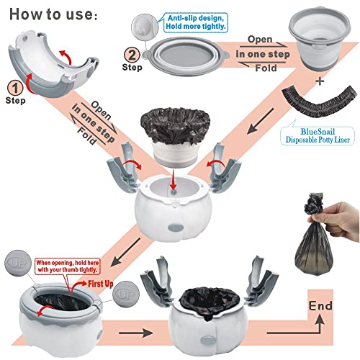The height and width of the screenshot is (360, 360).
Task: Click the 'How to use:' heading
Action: [x=53, y=14]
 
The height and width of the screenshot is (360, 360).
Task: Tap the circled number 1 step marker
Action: [x=15, y=88]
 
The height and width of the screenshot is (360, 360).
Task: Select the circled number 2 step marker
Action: [x=132, y=55]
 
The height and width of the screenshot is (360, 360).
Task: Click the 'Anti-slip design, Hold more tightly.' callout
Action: [x=196, y=22]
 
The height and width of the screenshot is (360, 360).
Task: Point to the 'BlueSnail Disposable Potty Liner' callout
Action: [x=318, y=135]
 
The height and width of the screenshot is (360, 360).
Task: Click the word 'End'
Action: [x=320, y=306]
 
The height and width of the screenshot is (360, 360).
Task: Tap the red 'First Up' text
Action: [x=101, y=284]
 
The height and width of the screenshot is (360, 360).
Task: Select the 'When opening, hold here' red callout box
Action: [x=68, y=266]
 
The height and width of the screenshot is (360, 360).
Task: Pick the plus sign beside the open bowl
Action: [x=320, y=81]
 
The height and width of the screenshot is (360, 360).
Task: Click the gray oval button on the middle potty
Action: [x=176, y=228]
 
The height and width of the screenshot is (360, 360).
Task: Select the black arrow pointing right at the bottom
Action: [x=136, y=333]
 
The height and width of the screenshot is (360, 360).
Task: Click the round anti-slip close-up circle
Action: [x=145, y=26]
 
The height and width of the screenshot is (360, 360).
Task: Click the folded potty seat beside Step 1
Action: [x=53, y=63]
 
